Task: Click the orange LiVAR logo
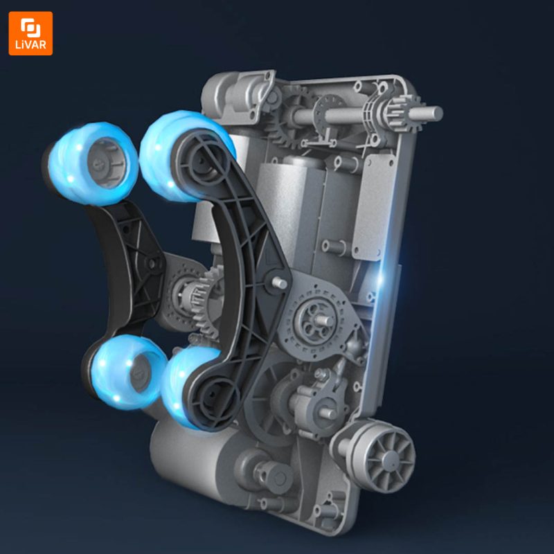click(x=30, y=33)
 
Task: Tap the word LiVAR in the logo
click(x=30, y=45)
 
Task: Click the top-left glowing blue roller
click(x=92, y=163)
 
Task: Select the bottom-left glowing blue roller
click(x=125, y=372)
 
